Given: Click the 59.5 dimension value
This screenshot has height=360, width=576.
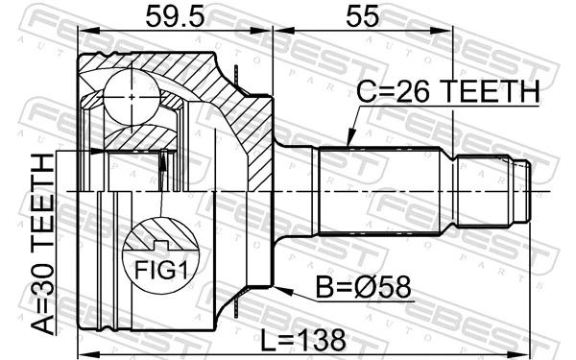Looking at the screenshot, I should (x=175, y=16).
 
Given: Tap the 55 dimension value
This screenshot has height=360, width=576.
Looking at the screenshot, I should (x=363, y=16).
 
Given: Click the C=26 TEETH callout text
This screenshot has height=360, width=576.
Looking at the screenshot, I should (x=447, y=93).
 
